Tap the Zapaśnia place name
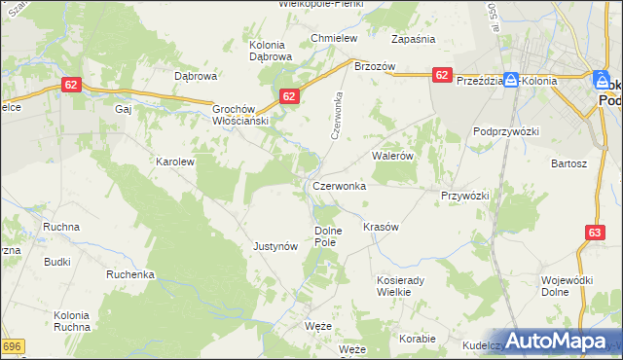(x=413, y=39)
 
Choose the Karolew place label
(x=176, y=162)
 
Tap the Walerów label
(x=393, y=155)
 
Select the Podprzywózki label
(x=506, y=130)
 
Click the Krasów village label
(x=381, y=227)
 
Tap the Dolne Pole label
(x=328, y=235)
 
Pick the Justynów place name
(x=275, y=246)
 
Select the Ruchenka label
(x=130, y=274)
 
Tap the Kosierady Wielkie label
(x=404, y=285)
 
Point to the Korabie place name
(x=418, y=339)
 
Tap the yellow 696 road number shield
(x=12, y=346)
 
